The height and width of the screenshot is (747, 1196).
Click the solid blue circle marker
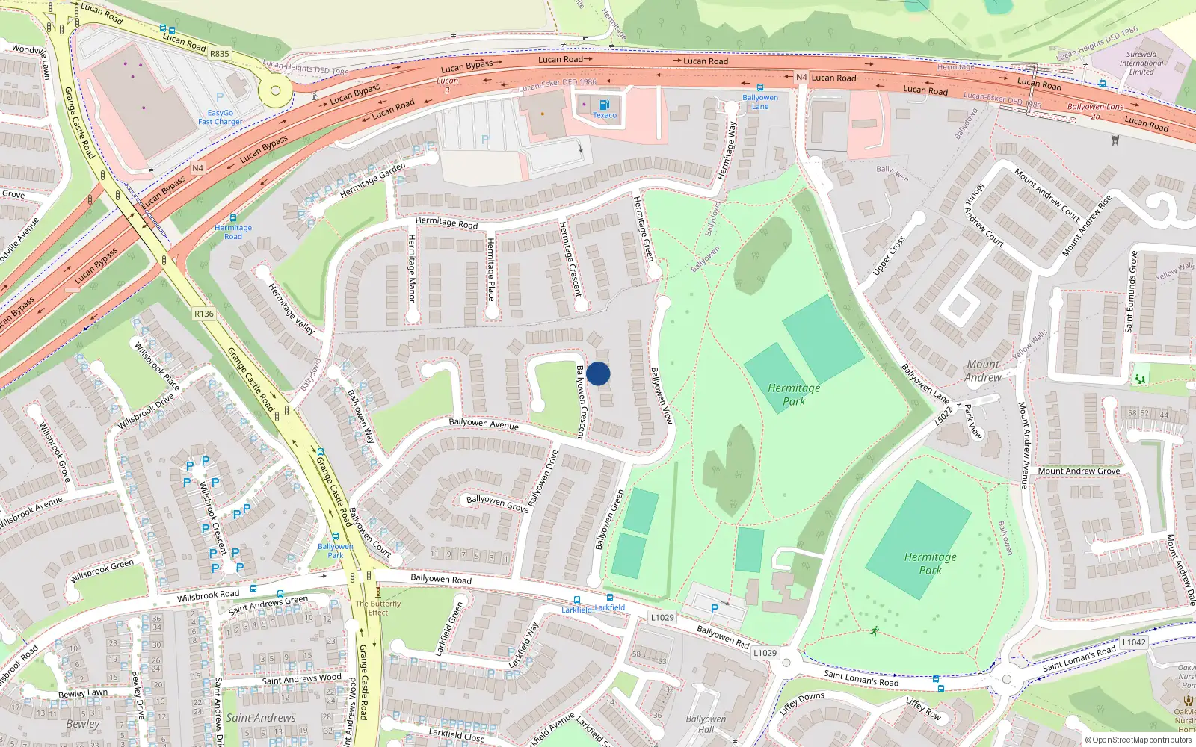pyautogui.click(x=598, y=373)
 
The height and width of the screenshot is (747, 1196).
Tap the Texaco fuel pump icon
pyautogui.click(x=604, y=105)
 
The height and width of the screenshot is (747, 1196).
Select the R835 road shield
pyautogui.click(x=220, y=54)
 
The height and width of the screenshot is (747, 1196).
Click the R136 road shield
pyautogui.click(x=204, y=314)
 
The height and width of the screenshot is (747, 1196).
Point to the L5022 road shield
pyautogui.click(x=944, y=415)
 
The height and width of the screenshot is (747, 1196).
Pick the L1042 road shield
pyautogui.click(x=1134, y=642)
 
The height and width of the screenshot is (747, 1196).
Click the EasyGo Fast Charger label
pyautogui.click(x=220, y=117)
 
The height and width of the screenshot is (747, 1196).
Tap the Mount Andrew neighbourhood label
pyautogui.click(x=983, y=371)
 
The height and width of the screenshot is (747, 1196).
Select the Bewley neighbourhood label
pyautogui.click(x=82, y=724)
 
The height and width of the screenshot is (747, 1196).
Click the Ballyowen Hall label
pyautogui.click(x=706, y=724)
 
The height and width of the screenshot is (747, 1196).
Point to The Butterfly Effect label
pyautogui.click(x=377, y=608)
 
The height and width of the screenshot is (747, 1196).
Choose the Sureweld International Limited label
pyautogui.click(x=1141, y=63)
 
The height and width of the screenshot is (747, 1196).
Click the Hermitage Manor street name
pyautogui.click(x=411, y=267)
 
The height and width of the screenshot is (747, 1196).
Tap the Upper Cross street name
pyautogui.click(x=889, y=255)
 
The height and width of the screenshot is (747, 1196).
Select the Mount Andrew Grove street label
pyautogui.click(x=1079, y=471)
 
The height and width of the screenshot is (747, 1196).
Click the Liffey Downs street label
pyautogui.click(x=801, y=704)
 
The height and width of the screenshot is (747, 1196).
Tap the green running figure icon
pyautogui.click(x=874, y=632)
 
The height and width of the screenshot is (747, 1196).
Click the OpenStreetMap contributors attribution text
pyautogui.click(x=1138, y=740)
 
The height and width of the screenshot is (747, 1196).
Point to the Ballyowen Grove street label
pyautogui.click(x=497, y=503)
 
